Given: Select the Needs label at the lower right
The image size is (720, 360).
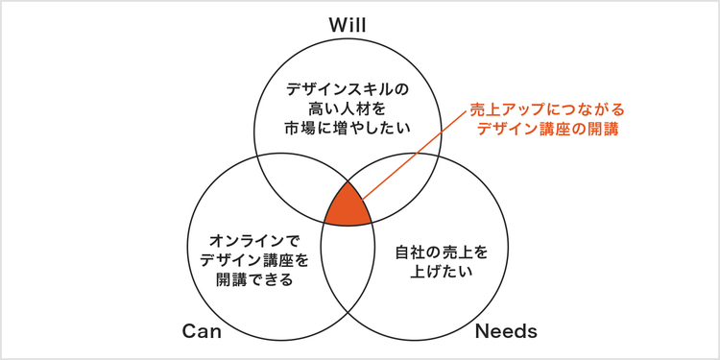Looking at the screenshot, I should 505,331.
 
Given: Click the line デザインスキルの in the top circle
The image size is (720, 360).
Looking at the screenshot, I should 348,88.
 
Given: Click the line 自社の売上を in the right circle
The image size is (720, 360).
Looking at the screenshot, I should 442,252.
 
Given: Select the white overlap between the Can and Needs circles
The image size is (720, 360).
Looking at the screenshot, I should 347,269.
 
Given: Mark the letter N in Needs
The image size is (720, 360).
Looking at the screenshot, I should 483,331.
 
